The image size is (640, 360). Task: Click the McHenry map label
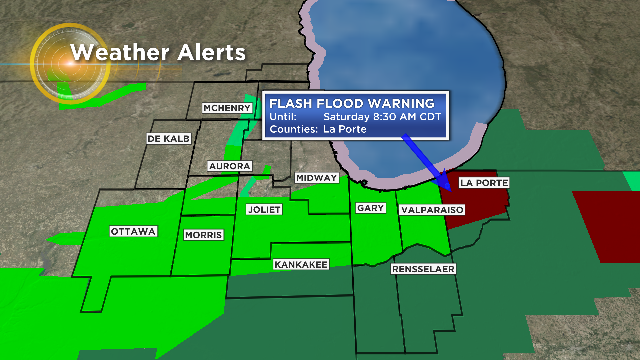pyautogui.click(x=225, y=108)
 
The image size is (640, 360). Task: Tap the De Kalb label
pyautogui.click(x=167, y=137)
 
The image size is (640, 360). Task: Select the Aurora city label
pyautogui.click(x=230, y=165)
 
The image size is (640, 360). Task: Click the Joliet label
pyautogui.click(x=265, y=209)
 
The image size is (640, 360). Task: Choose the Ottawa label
pyautogui.click(x=133, y=231)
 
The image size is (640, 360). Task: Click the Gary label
pyautogui.click(x=367, y=208)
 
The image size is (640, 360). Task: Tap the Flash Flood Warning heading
pyautogui.click(x=355, y=103)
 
